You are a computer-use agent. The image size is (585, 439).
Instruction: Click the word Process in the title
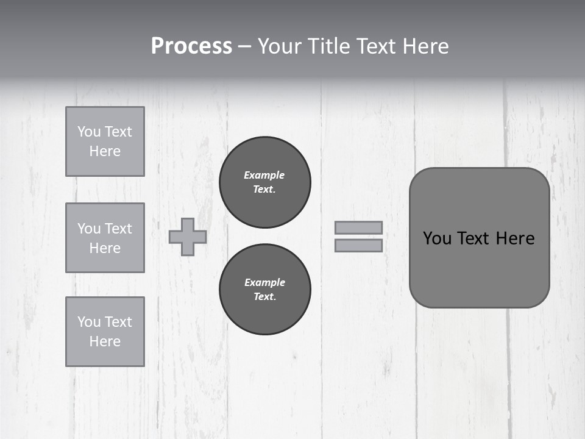[x=191, y=46]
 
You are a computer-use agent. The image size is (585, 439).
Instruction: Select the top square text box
[x=105, y=141]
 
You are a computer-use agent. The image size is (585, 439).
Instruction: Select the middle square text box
[x=105, y=238]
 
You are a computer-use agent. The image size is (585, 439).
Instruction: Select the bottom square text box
[x=105, y=332]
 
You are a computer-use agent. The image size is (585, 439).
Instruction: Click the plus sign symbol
[x=188, y=237]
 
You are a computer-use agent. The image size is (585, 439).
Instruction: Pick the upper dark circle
[x=265, y=182]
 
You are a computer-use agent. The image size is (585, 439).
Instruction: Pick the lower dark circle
[x=265, y=290]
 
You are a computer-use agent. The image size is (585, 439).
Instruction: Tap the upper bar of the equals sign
[x=359, y=227]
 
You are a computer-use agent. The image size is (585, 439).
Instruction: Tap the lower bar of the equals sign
[x=359, y=245]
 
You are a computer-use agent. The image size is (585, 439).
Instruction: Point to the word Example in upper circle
[x=264, y=175]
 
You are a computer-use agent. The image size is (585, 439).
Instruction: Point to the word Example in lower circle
[x=264, y=282]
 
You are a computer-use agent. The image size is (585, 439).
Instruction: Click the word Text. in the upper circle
[x=264, y=189]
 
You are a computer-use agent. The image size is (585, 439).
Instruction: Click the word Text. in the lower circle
[x=264, y=296]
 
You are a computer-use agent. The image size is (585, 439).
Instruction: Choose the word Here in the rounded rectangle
[x=515, y=238]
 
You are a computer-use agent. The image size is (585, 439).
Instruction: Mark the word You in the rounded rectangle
[x=437, y=238]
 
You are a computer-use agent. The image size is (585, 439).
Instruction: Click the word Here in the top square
[x=105, y=151]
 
